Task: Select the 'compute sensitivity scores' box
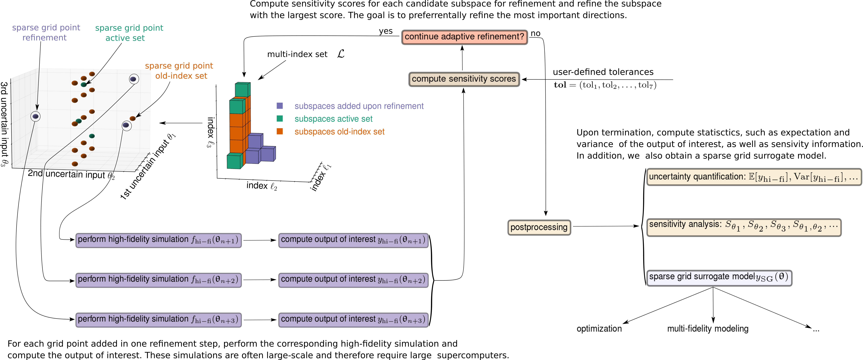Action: tap(464, 79)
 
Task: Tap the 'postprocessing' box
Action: tap(539, 227)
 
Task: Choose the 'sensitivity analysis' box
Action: tap(744, 227)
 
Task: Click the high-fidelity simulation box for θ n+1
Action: tap(158, 240)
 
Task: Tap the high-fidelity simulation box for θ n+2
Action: tap(158, 280)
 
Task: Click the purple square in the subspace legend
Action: tap(280, 106)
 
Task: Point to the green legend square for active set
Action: tap(280, 119)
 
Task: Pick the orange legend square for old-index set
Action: tap(280, 131)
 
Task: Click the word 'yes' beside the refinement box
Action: tap(386, 31)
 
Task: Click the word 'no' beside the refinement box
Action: tap(535, 33)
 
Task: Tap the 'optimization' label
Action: tap(599, 329)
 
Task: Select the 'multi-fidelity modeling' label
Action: tap(708, 329)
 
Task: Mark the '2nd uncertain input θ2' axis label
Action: tap(71, 174)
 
